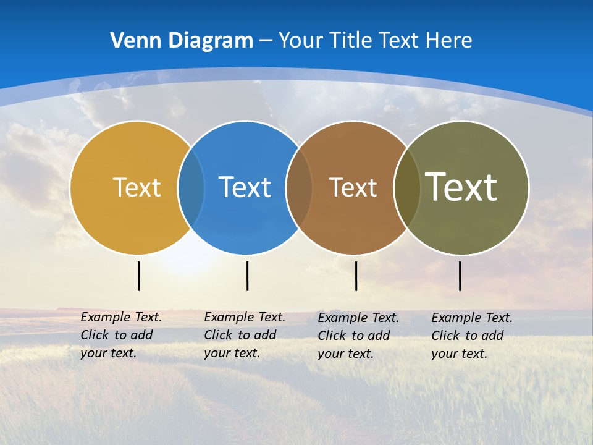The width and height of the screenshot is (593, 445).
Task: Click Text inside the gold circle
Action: pyautogui.click(x=137, y=187)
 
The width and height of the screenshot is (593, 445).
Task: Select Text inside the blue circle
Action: pyautogui.click(x=245, y=187)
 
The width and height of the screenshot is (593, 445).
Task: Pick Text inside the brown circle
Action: pyautogui.click(x=353, y=187)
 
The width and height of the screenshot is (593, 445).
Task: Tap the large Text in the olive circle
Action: pyautogui.click(x=461, y=187)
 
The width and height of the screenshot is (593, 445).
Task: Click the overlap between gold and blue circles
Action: pyautogui.click(x=191, y=187)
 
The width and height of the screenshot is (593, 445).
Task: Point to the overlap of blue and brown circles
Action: pyautogui.click(x=299, y=187)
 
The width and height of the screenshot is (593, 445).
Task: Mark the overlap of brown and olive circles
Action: pyautogui.click(x=407, y=187)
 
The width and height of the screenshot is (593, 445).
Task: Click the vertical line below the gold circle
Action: pyautogui.click(x=138, y=276)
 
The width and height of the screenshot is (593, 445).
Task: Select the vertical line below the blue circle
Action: pyautogui.click(x=247, y=276)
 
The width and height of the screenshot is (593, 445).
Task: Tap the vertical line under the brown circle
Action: pyautogui.click(x=356, y=276)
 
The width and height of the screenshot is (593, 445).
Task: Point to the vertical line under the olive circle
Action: pyautogui.click(x=460, y=276)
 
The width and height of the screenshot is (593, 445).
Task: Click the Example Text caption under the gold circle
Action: pyautogui.click(x=120, y=335)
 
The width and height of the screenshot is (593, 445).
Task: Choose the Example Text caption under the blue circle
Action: pyautogui.click(x=244, y=335)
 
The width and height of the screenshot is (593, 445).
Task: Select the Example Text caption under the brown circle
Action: pyautogui.click(x=358, y=336)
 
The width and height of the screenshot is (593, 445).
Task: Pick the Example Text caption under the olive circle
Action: pyautogui.click(x=471, y=336)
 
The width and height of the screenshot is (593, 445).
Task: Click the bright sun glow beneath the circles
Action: pyautogui.click(x=185, y=263)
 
